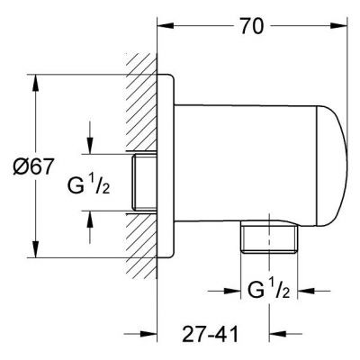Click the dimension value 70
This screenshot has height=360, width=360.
(x=253, y=27)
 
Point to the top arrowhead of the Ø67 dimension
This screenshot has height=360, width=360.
(x=38, y=80)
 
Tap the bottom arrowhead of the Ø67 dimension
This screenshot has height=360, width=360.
(x=38, y=256)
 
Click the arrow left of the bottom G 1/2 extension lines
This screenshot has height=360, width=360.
(x=232, y=291)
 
